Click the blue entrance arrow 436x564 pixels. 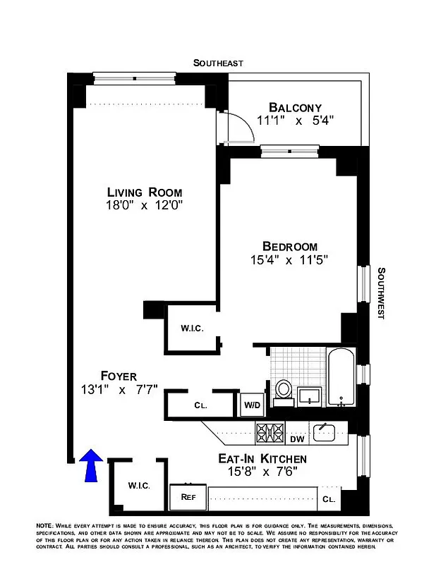[x=91, y=467]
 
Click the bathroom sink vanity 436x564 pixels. [x=308, y=396]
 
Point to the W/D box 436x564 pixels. [x=251, y=405]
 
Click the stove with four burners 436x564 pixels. [x=270, y=432]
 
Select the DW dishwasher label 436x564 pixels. [x=296, y=439]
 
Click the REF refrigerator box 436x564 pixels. [x=188, y=496]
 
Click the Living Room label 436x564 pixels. [x=145, y=192]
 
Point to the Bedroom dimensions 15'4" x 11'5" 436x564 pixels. [x=289, y=259]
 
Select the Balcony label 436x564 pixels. [x=295, y=107]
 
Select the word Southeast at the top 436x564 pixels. [x=218, y=63]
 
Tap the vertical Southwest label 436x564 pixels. [x=381, y=293]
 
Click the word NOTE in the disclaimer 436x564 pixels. [x=47, y=527]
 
